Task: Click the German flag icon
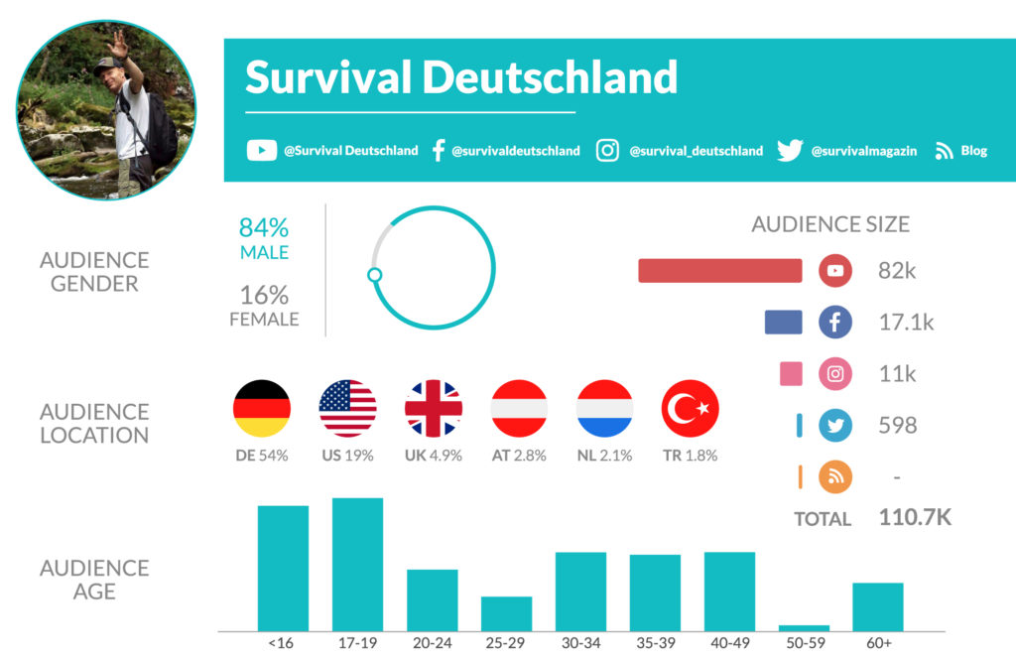point(262,409)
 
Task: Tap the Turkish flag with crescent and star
point(691,409)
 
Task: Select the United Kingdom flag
point(434,409)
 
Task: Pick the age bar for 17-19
point(357,564)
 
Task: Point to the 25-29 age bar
point(506,612)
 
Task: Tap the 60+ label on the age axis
point(877,643)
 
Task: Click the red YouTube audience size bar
point(719,271)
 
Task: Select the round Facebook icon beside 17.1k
point(835,322)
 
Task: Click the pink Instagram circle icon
point(835,374)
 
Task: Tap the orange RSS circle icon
point(835,477)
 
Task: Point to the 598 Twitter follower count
point(897,426)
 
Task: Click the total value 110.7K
point(915,517)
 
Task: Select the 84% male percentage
point(264,228)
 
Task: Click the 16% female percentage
point(264,295)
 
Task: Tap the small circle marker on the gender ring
point(374,275)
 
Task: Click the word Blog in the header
point(974,151)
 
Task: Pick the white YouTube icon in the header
point(261,151)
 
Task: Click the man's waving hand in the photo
point(117,43)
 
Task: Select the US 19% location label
point(347,456)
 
